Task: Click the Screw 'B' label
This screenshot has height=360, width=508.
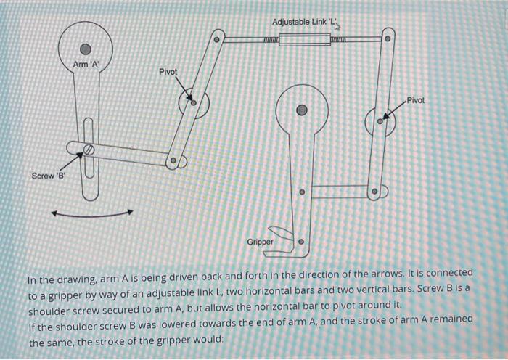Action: coord(47,176)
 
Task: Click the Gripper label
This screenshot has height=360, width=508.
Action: coord(261,241)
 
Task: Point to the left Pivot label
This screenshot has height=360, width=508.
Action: coord(168,72)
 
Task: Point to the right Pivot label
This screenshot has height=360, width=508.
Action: coord(417,99)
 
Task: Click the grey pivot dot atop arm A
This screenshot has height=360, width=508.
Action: coord(86,49)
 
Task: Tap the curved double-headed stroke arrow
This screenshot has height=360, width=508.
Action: coord(91,213)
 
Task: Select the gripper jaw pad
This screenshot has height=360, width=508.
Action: coord(281,233)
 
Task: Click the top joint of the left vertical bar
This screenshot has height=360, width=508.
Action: coord(216,37)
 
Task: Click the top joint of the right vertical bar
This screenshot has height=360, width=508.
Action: coord(387,38)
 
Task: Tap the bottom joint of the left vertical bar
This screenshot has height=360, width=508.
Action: coord(174,161)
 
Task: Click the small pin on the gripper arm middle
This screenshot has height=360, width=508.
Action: coord(302,193)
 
